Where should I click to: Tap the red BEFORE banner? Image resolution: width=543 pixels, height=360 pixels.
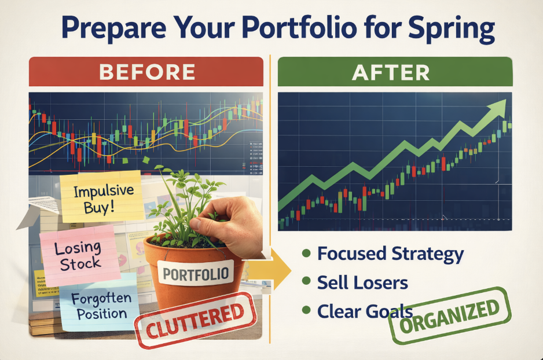[x=146, y=72]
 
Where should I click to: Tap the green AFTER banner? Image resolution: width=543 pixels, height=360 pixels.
[x=395, y=72]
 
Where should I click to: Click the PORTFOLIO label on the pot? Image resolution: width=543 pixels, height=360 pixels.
[x=196, y=273]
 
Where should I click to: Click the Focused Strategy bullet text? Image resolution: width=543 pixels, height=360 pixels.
[x=390, y=254]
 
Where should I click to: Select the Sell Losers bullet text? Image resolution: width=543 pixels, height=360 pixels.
[x=362, y=283]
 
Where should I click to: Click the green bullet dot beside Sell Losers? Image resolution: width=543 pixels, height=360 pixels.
[x=306, y=281]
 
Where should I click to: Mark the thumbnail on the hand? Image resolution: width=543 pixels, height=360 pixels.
[x=196, y=223]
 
